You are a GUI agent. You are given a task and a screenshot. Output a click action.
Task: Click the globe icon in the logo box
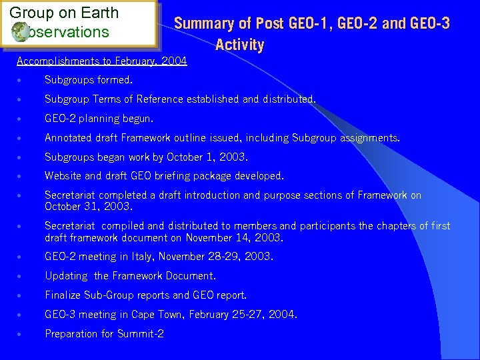pos(20,32)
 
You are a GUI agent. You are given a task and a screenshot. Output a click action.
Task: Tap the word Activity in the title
pos(239,45)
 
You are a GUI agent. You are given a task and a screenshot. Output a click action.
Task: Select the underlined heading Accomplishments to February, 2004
pos(102,61)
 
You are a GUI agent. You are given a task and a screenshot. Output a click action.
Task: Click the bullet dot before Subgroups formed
pos(22,81)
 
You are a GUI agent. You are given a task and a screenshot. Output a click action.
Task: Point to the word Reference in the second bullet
pos(163,99)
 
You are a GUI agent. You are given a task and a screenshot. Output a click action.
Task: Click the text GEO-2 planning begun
pos(99,119)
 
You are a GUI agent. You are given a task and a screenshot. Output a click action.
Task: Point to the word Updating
pos(66,276)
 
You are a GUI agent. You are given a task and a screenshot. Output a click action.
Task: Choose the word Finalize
pos(63,295)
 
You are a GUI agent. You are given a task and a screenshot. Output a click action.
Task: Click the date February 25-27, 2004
pos(240,314)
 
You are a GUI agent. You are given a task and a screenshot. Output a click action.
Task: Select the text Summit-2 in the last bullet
pos(141,333)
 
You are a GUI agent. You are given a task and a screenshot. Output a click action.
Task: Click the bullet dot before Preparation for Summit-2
pos(22,334)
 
